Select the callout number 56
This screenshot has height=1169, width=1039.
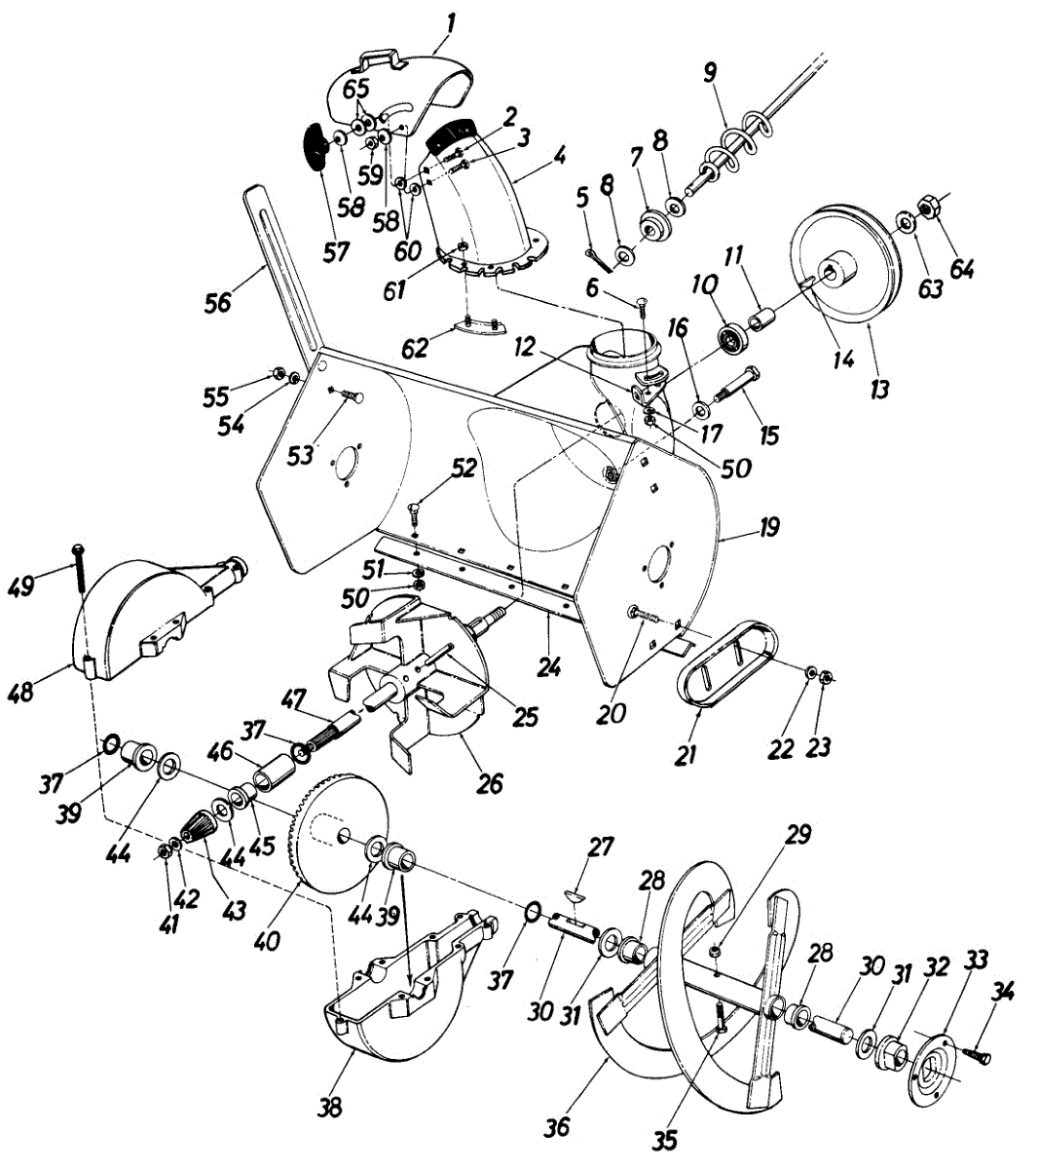217,303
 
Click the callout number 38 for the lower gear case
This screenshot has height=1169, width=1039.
331,1108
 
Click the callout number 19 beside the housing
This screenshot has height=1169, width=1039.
770,529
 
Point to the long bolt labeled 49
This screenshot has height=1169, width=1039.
78,575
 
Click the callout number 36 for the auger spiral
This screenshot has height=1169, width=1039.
557,1127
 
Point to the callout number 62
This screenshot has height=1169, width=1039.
416,349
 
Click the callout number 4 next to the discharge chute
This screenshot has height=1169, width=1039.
558,154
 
